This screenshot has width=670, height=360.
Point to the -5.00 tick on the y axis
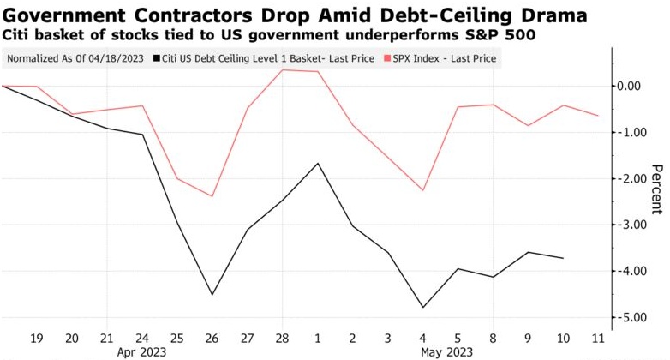(x=633, y=317)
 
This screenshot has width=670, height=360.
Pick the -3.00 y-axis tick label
(x=633, y=225)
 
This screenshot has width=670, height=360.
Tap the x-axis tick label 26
(x=212, y=337)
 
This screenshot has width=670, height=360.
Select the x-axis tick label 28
(x=283, y=337)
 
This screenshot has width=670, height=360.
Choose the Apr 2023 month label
(x=142, y=351)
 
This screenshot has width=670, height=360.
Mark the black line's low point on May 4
(x=423, y=307)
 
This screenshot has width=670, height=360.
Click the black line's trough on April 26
(x=212, y=295)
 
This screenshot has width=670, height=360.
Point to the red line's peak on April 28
(x=283, y=69)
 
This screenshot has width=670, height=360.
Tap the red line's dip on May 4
(x=423, y=190)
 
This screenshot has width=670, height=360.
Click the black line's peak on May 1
(x=318, y=163)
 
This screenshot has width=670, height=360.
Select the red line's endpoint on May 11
(x=598, y=116)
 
